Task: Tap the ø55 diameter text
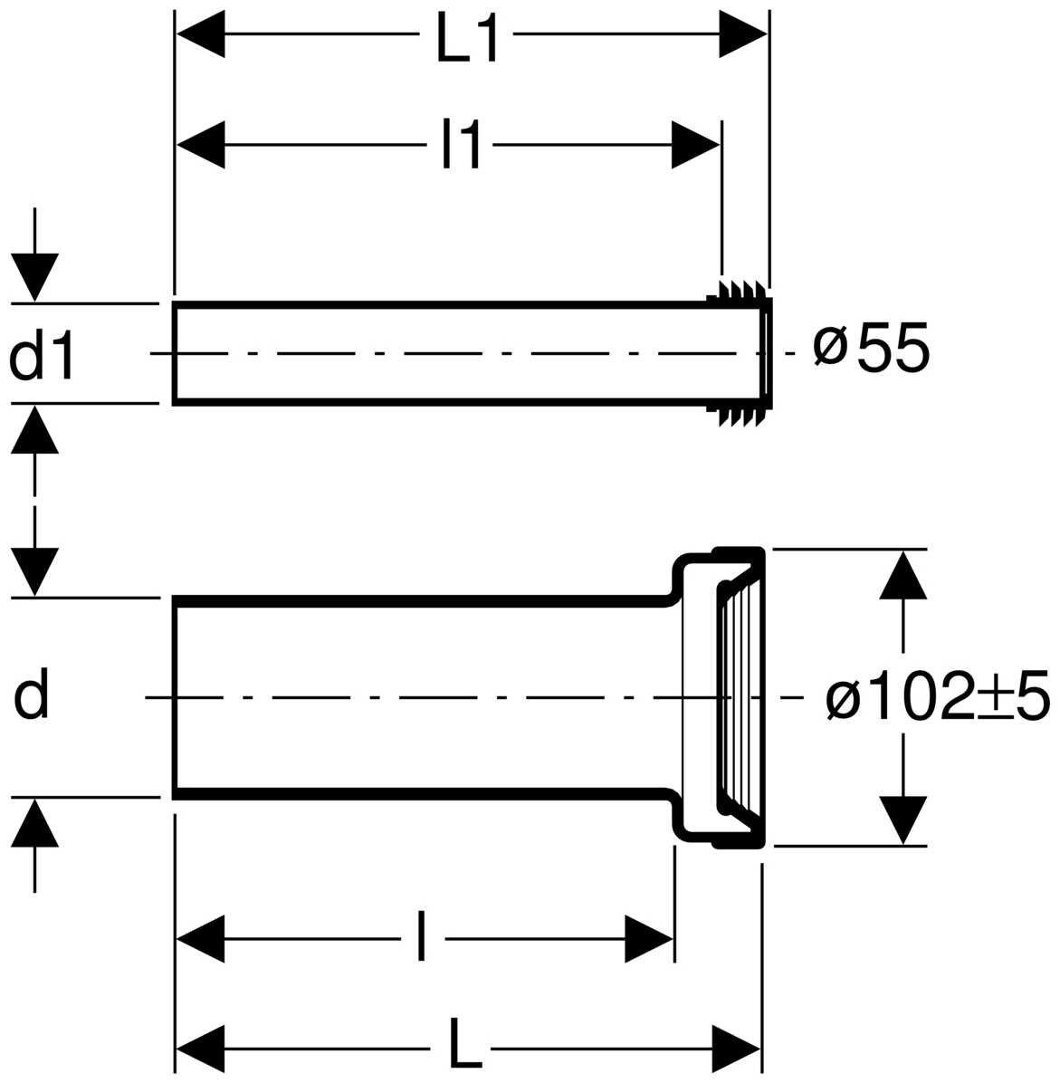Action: tap(872, 348)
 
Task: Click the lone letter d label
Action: tap(31, 695)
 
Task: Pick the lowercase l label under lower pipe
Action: tap(421, 936)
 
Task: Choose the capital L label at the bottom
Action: tap(464, 1041)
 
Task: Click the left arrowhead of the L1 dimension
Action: tap(200, 34)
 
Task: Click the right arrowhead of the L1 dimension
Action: tap(743, 34)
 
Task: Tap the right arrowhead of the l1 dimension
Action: tap(695, 145)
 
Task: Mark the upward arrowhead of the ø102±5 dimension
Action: tap(903, 574)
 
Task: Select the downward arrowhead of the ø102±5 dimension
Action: tap(903, 819)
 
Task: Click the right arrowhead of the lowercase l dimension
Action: tap(649, 939)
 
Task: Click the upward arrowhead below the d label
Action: tap(34, 822)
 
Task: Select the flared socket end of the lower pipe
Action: tap(719, 697)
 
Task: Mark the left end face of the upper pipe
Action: tap(175, 353)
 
